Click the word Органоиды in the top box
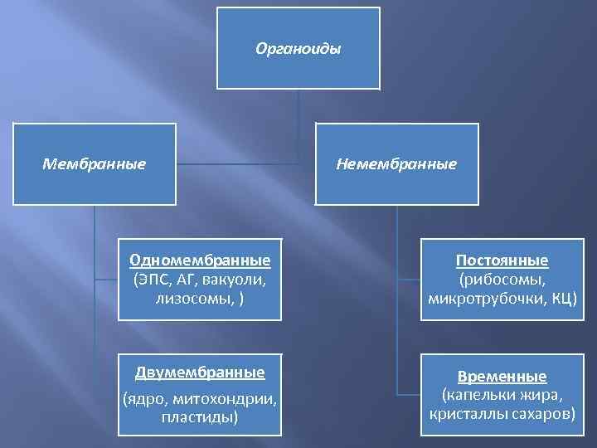click(x=298, y=49)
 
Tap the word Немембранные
click(x=396, y=164)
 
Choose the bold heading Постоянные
click(x=502, y=261)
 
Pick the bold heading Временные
click(x=502, y=376)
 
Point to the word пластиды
click(x=200, y=416)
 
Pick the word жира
click(x=543, y=393)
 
